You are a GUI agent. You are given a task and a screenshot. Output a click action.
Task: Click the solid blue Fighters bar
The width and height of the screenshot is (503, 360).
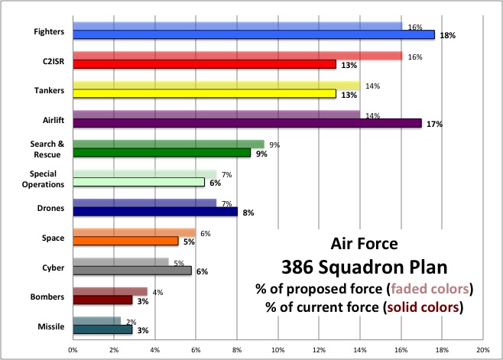coord(253,34)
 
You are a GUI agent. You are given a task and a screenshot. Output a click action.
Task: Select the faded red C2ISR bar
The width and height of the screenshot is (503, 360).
coord(237,55)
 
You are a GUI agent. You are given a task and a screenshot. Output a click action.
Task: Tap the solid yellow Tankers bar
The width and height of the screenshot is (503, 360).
coord(204,93)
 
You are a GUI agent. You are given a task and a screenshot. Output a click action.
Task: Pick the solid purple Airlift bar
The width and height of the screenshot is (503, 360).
coord(247,122)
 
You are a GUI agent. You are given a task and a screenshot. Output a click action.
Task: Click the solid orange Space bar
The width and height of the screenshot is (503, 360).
coord(125,241)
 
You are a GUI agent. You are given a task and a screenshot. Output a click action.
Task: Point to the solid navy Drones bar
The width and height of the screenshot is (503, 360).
coord(155,212)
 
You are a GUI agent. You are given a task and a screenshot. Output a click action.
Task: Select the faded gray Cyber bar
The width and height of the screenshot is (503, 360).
coord(120,261)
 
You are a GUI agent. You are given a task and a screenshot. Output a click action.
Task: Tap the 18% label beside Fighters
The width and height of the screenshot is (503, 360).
coord(448,35)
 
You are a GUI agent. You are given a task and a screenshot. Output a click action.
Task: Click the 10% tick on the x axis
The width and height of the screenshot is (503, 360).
coord(277,349)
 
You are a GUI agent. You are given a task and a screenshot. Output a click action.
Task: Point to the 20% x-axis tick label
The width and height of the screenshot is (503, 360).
coord(482,349)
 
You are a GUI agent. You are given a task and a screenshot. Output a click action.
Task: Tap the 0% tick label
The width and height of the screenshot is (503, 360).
coord(73,349)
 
